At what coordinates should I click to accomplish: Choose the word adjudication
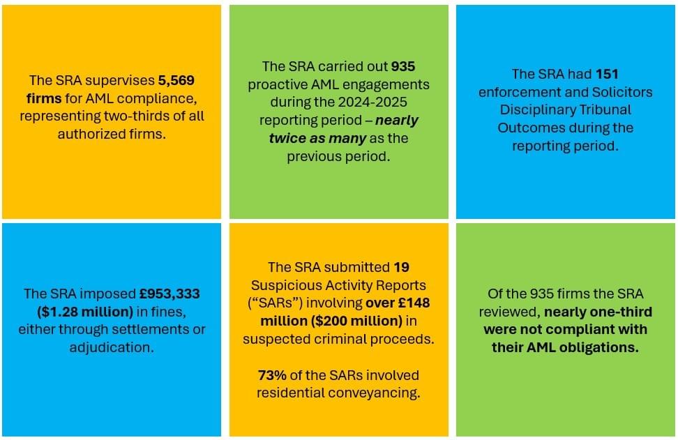[112, 347]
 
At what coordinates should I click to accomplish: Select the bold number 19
[401, 267]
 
